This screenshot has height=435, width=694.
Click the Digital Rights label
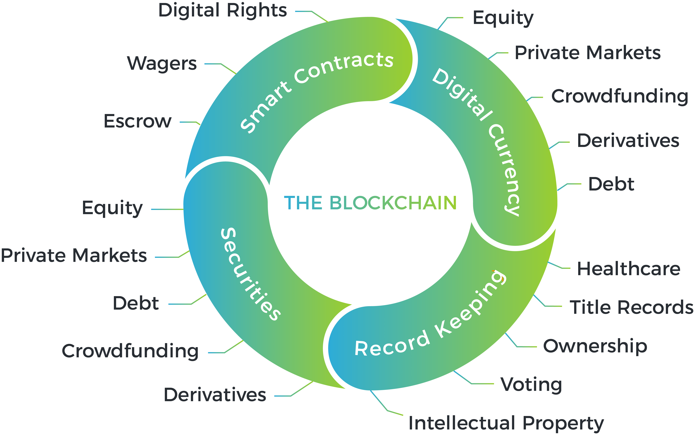(x=223, y=11)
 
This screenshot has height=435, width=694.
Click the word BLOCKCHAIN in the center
(x=393, y=203)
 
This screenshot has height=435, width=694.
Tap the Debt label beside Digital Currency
(x=611, y=184)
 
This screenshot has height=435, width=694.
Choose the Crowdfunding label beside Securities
(x=130, y=351)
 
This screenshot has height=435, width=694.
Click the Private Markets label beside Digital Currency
(x=587, y=53)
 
